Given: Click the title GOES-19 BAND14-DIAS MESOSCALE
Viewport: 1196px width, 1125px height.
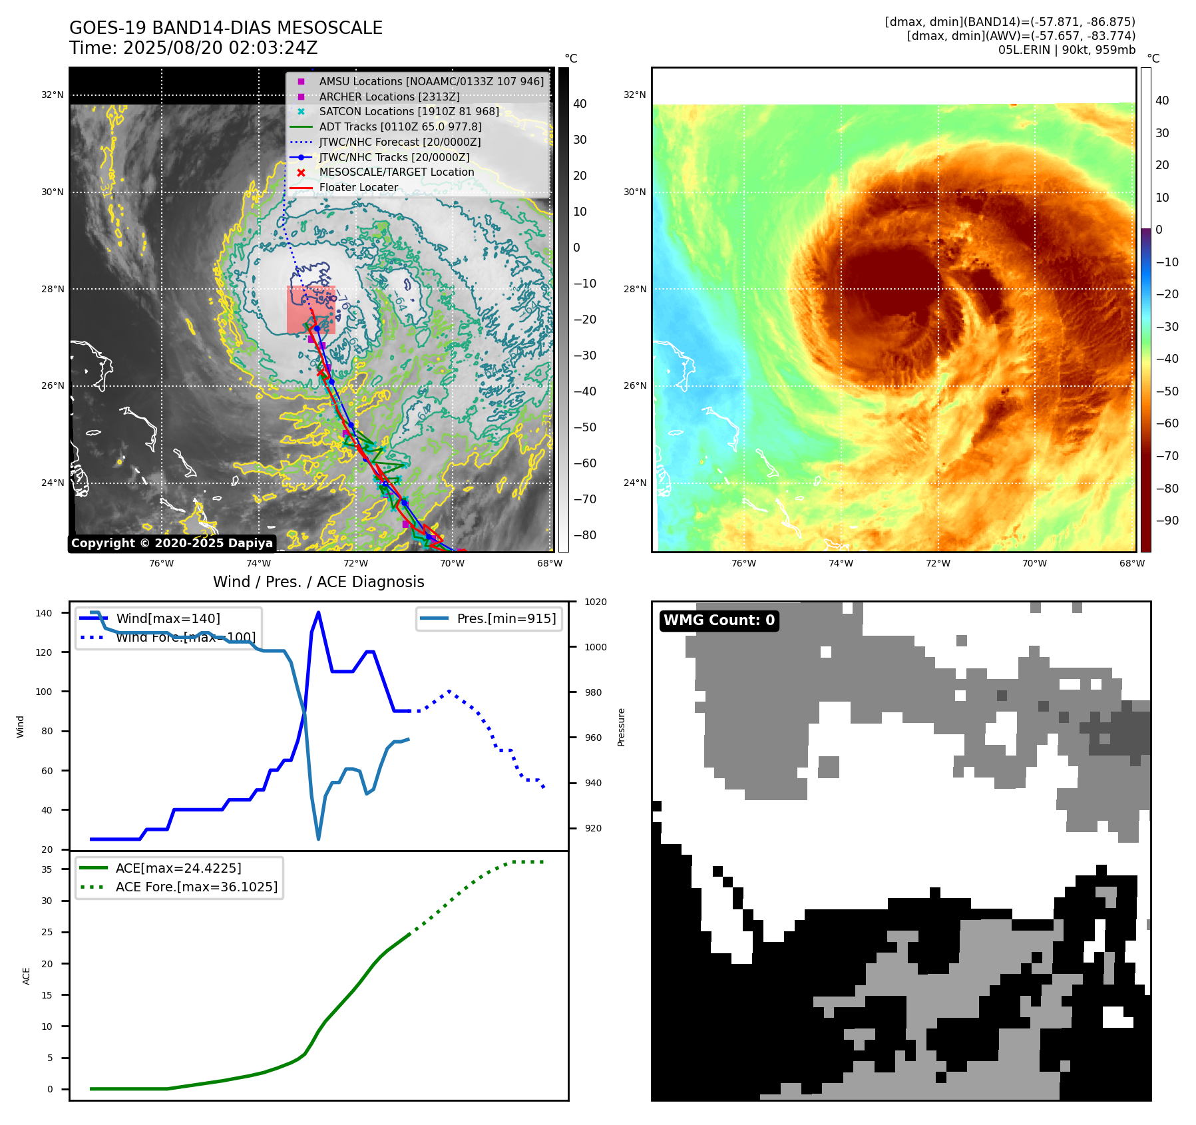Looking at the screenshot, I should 226,28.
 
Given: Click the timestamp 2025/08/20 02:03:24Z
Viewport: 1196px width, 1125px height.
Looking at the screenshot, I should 220,49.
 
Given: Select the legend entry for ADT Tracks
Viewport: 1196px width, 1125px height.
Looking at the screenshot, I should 400,126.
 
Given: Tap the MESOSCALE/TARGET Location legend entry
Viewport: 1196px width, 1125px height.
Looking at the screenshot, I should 396,172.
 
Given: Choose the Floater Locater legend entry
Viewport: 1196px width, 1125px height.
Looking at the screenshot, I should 358,187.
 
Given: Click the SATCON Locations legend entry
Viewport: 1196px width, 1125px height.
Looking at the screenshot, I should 409,111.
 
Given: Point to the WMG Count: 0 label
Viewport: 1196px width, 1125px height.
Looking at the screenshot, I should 719,620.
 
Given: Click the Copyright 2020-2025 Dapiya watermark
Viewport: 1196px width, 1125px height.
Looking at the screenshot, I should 172,543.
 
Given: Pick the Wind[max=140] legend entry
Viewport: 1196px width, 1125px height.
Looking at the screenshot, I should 168,618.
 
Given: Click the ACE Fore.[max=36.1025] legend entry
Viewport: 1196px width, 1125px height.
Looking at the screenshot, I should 196,887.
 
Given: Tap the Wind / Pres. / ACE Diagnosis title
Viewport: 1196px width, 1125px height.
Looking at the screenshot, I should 318,582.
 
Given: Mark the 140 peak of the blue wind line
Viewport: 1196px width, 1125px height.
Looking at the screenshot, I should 318,612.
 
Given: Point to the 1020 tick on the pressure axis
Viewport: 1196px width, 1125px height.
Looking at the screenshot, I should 595,602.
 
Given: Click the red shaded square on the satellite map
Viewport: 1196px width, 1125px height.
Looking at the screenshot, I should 310,310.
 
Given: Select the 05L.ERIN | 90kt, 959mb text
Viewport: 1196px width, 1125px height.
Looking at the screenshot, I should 1066,50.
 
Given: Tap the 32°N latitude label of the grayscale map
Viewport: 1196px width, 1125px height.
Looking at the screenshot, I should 53,95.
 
